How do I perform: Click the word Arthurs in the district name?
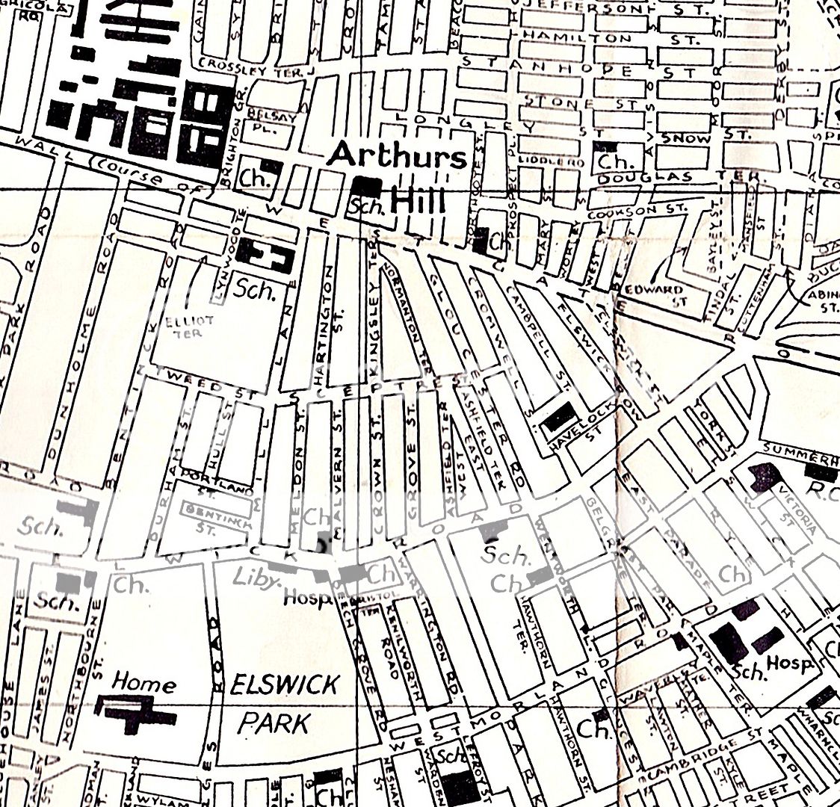(397, 156)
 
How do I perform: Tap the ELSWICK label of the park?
(285, 684)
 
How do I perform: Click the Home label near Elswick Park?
(145, 682)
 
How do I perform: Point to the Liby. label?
(250, 578)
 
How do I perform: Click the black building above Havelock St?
(558, 416)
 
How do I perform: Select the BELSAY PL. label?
(277, 122)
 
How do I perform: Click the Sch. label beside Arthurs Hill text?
(366, 207)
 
